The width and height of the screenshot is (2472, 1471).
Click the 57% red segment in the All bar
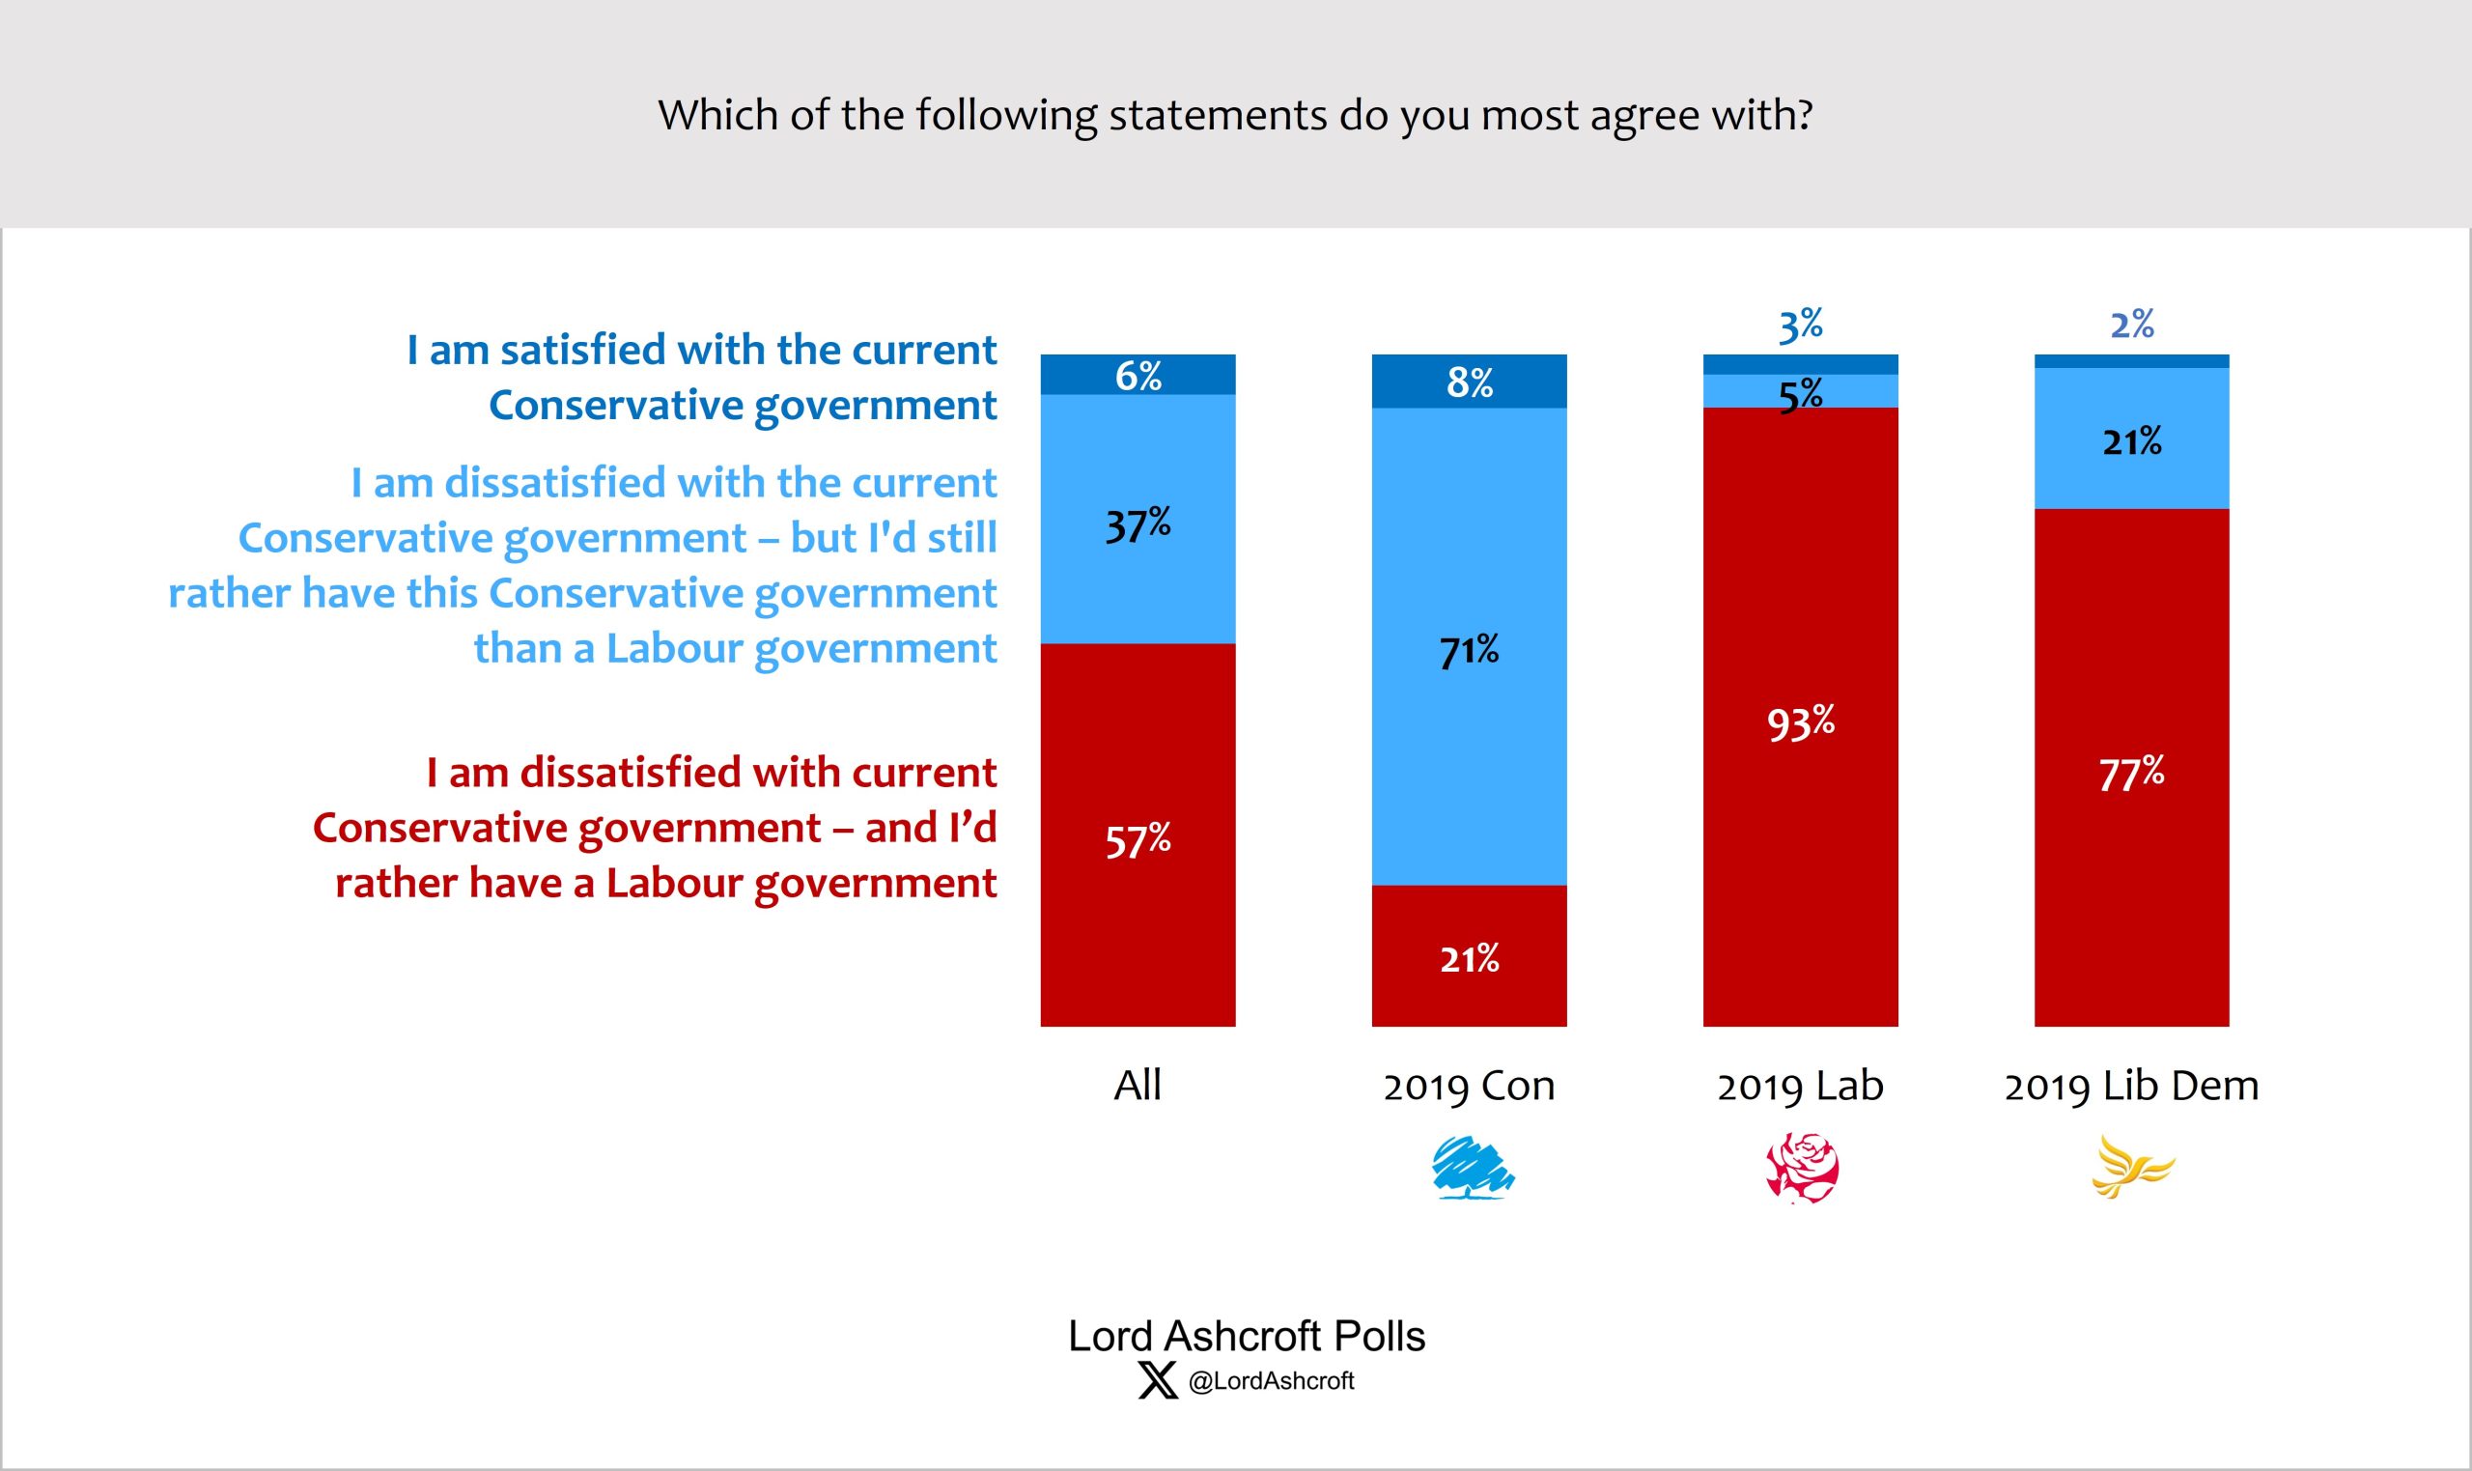click(1138, 835)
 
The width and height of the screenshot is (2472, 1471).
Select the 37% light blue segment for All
click(1138, 520)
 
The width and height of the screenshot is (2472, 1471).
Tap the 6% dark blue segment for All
click(1138, 375)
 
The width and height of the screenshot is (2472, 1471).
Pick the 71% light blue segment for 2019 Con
click(1469, 646)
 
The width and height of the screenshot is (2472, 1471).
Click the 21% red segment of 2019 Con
click(1469, 955)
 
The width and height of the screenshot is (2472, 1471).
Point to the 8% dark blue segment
click(1469, 382)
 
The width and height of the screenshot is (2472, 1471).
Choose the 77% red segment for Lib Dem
click(2131, 768)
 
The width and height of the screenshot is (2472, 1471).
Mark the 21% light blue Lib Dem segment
click(2131, 439)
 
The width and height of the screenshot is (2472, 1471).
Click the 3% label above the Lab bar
click(1800, 325)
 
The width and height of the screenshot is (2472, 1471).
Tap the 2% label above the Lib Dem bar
click(2131, 325)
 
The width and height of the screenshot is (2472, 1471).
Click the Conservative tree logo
click(1473, 1168)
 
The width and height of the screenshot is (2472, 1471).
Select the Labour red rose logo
click(1802, 1168)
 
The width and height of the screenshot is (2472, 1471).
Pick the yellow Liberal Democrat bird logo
click(2132, 1168)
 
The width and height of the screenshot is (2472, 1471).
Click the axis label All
click(1138, 1086)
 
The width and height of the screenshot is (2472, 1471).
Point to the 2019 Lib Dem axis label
click(2131, 1086)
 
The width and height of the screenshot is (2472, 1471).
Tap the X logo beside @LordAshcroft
click(1157, 1380)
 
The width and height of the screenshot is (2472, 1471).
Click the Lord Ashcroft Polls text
click(1247, 1335)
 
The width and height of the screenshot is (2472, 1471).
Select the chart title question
click(1235, 115)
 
